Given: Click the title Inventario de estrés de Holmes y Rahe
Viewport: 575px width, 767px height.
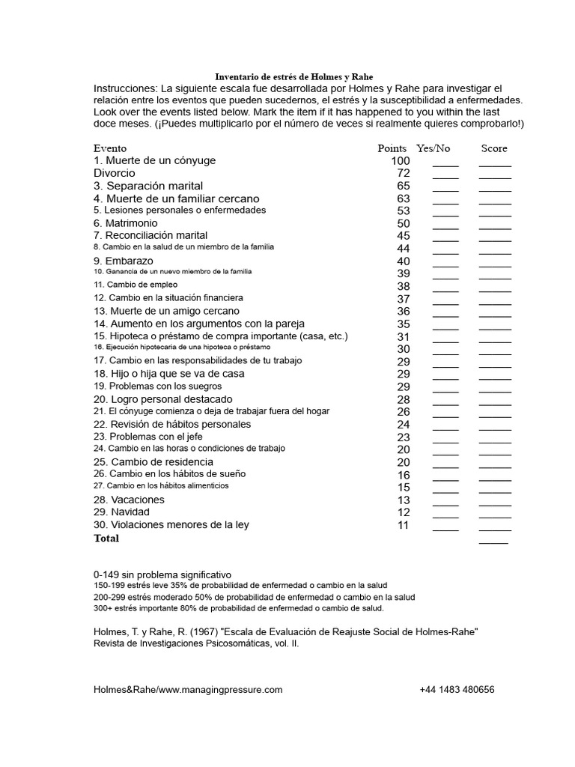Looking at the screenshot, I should point(293,77).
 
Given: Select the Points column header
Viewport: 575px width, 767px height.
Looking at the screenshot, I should point(392,148).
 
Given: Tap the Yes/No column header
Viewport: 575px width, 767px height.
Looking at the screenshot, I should point(433,148).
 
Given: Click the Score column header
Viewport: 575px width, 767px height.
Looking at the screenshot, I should point(494,148).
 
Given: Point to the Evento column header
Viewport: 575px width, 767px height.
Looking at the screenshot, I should point(110,148).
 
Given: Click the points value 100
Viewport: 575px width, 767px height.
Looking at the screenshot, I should point(400,161).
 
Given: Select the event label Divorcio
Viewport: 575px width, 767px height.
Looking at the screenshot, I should point(115,173).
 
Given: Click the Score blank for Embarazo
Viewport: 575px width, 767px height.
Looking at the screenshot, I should point(495,263).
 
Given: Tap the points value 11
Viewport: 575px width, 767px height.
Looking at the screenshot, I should point(404,525).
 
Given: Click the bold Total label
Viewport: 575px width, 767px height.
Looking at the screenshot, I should point(106,538).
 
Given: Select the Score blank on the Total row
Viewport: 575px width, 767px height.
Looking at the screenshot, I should point(493,540).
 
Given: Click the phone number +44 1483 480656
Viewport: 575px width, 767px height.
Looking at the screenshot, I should point(457,690).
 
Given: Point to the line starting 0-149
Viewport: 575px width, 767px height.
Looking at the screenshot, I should point(162,574).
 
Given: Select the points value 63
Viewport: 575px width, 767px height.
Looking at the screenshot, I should point(404,198).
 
